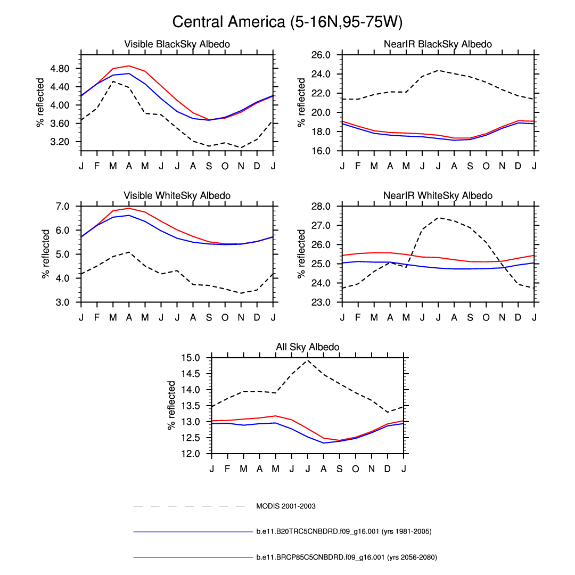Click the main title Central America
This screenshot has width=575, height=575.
click(287, 22)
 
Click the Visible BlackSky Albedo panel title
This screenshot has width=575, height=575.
click(177, 44)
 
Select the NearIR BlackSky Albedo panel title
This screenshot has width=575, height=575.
click(438, 44)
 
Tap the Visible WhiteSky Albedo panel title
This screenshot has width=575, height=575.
click(177, 196)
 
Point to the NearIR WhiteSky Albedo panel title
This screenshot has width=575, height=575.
click(438, 196)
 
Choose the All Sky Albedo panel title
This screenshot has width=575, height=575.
click(307, 347)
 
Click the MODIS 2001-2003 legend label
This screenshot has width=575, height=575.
click(285, 506)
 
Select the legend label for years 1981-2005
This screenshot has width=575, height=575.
click(343, 531)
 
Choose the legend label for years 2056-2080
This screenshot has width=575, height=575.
click(346, 557)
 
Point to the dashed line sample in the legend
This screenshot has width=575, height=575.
click(189, 506)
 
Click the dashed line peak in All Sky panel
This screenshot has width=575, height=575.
click(307, 360)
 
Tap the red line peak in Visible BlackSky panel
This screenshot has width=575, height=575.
click(129, 66)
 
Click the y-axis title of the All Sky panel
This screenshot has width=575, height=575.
click(172, 406)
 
